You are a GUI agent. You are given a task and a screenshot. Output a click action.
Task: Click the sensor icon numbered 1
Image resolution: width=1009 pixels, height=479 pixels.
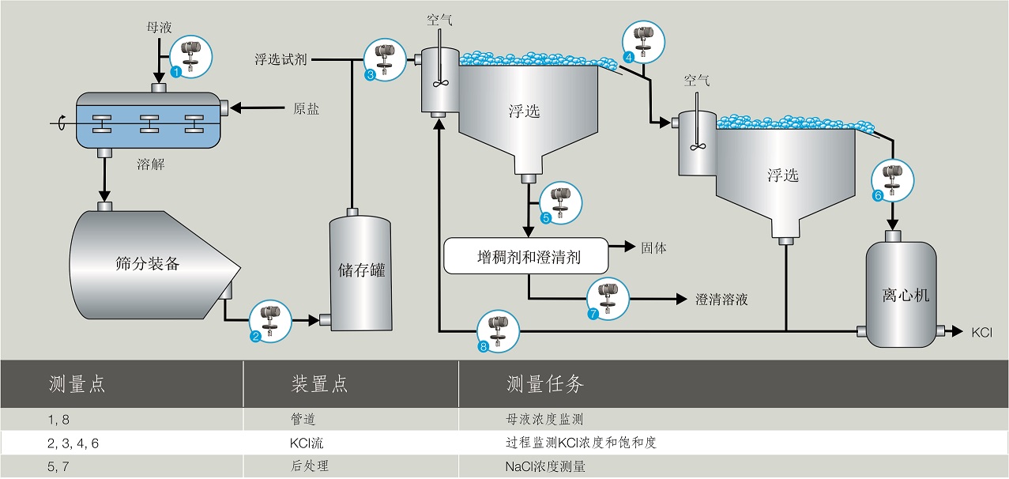[x=191, y=57]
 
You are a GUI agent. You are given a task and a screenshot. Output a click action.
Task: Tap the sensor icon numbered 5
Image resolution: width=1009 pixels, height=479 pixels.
[x=561, y=203]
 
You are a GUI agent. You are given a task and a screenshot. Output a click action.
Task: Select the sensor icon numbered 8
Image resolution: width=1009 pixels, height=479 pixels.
[x=499, y=331]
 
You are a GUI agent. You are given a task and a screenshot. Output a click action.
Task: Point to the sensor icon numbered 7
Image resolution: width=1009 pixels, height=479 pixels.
[x=608, y=299]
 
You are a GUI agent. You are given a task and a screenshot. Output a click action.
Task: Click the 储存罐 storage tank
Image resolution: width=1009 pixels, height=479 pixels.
[x=361, y=270]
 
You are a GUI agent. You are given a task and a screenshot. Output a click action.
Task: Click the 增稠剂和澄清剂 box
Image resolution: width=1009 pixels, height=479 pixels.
[x=526, y=256]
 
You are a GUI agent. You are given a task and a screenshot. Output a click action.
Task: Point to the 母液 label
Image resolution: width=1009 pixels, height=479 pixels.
[x=159, y=28]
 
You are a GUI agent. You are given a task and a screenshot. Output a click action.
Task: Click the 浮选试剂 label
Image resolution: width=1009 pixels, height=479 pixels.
[x=280, y=59]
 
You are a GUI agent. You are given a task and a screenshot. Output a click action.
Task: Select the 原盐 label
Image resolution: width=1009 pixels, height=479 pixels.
[x=306, y=108]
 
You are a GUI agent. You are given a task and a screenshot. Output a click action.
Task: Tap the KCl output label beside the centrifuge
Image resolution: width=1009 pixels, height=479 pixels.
[x=982, y=333]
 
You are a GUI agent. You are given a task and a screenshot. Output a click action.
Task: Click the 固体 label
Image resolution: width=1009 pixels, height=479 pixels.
[x=653, y=247]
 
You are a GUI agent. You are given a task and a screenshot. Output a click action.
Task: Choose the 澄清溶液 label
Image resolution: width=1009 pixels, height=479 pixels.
[x=721, y=300]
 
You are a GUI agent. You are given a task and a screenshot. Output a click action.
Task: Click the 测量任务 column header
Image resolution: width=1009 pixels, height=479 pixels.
[x=545, y=384]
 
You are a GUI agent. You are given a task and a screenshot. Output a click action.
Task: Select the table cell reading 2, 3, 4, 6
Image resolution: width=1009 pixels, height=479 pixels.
[x=73, y=443]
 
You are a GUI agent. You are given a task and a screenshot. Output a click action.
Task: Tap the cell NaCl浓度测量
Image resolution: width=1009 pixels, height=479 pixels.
[x=545, y=466]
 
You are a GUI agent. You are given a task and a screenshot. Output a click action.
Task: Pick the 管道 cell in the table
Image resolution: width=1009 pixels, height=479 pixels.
[x=303, y=420]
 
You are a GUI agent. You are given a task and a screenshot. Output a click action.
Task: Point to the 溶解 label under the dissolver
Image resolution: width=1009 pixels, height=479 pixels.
[x=151, y=164]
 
